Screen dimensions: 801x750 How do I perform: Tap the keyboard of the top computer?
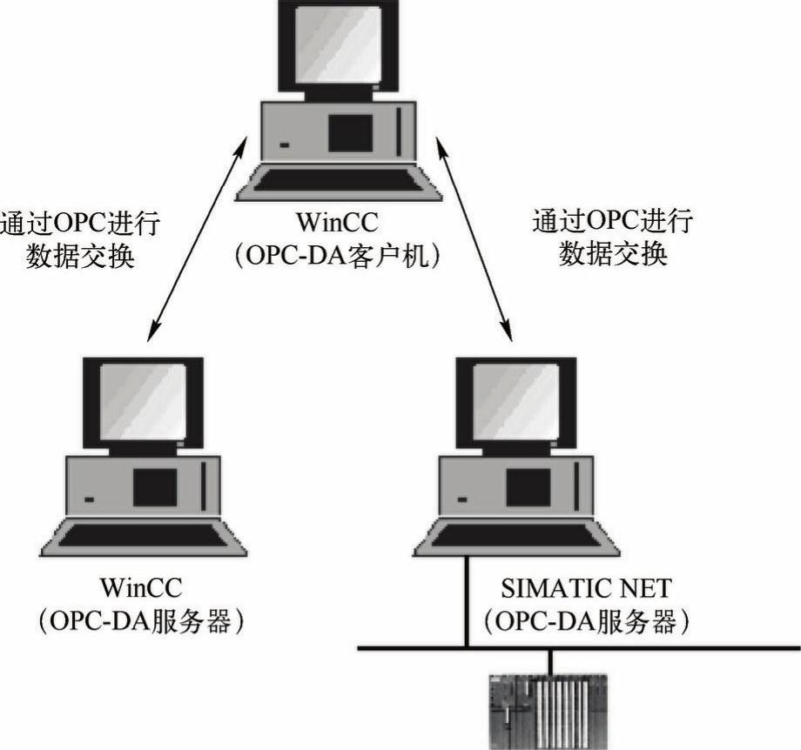click(339, 180)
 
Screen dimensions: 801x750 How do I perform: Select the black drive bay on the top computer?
click(350, 133)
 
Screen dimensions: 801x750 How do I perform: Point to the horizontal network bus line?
click(662, 648)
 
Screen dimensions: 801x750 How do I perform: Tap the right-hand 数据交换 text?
click(613, 254)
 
